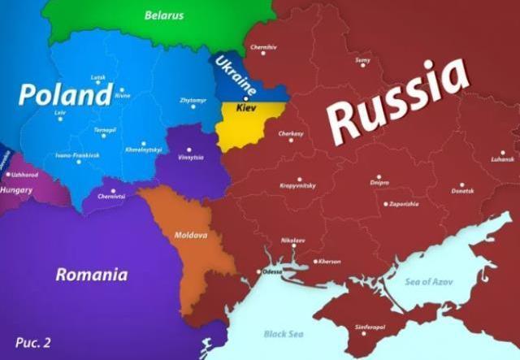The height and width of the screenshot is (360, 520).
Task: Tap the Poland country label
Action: (64, 94)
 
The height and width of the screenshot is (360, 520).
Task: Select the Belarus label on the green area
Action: (164, 15)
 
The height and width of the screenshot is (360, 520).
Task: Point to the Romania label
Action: (91, 275)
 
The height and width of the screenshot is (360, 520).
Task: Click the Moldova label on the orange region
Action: (191, 235)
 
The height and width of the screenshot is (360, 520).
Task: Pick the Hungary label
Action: (16, 190)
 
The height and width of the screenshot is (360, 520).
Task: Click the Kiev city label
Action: (245, 107)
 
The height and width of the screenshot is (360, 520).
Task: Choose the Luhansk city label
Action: (503, 159)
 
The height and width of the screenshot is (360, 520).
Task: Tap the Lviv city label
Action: (59, 113)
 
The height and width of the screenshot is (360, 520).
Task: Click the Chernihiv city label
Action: (263, 47)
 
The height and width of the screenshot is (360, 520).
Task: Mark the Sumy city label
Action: (362, 60)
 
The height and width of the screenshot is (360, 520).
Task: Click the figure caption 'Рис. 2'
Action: (32, 342)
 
